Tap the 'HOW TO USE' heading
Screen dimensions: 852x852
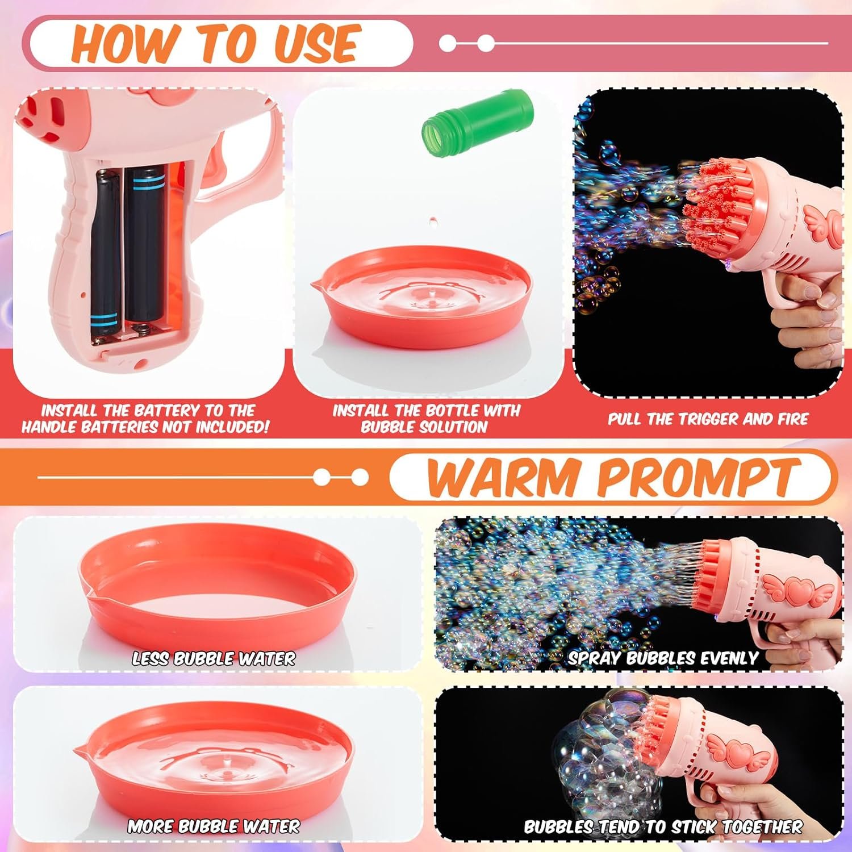tap(216, 43)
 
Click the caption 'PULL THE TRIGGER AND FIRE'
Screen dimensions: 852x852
tap(708, 419)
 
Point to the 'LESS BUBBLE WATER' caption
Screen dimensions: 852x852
tap(214, 658)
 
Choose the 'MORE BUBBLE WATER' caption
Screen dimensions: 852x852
tap(214, 826)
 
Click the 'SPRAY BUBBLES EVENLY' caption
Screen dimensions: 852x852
tap(663, 658)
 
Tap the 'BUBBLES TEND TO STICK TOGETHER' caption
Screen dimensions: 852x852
tap(663, 826)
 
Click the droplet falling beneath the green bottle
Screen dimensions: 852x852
tap(433, 219)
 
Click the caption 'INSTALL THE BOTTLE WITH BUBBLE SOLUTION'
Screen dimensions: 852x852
tap(425, 419)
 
